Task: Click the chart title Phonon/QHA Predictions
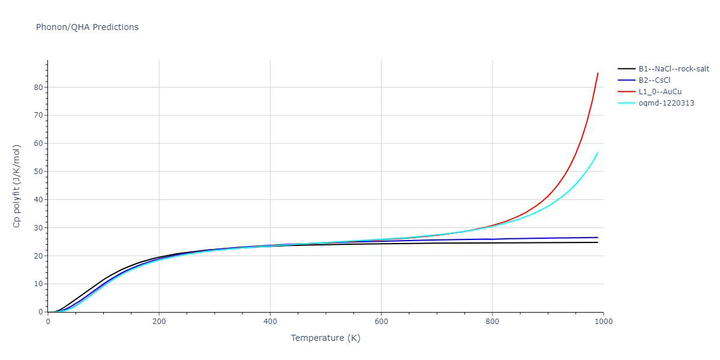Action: (87, 27)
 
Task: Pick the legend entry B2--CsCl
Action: (658, 80)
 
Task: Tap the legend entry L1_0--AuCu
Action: (660, 92)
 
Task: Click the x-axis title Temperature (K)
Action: (325, 338)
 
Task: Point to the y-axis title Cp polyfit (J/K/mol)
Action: (17, 186)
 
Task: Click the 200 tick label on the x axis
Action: (159, 321)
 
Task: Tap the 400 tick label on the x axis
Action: (270, 321)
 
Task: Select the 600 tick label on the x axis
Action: (381, 321)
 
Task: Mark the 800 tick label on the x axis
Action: (492, 321)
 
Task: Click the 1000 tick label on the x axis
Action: (603, 321)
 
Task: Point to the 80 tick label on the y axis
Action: (38, 87)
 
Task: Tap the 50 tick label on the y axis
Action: (38, 172)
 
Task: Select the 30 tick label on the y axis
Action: (38, 228)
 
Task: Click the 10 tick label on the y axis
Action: (38, 284)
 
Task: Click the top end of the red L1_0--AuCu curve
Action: (598, 73)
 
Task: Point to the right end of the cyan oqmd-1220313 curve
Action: (598, 152)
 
